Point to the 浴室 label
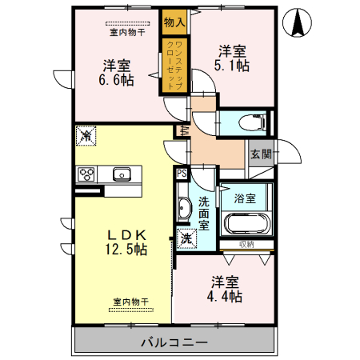pyautogui.click(x=245, y=197)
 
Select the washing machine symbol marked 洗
pyautogui.click(x=186, y=238)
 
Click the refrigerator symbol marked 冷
pyautogui.click(x=86, y=135)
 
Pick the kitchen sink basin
pyautogui.click(x=122, y=174)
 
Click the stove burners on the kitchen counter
pyautogui.click(x=86, y=174)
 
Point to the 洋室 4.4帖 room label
pyautogui.click(x=226, y=289)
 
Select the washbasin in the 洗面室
pyautogui.click(x=183, y=209)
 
